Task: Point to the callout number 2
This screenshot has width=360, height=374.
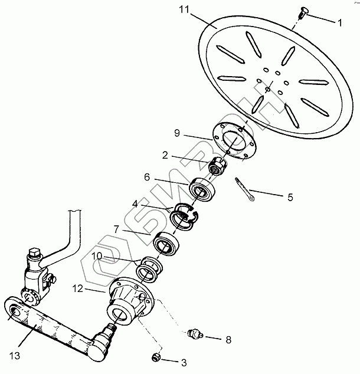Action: [x=165, y=156]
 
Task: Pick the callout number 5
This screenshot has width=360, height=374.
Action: [x=289, y=198]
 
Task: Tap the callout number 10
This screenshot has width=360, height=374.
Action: [x=96, y=257]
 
